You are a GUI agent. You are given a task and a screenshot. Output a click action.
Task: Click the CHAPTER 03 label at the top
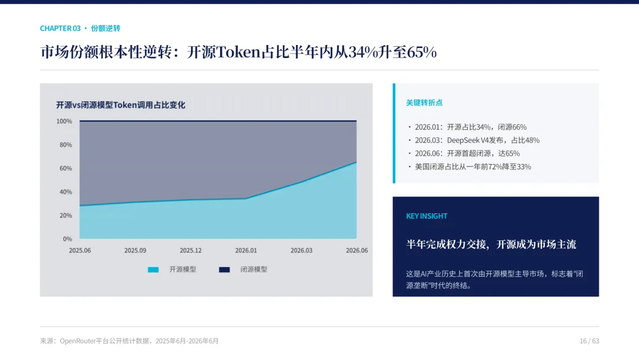(x=60, y=28)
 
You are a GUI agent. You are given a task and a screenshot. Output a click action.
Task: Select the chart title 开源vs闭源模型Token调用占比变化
(x=121, y=105)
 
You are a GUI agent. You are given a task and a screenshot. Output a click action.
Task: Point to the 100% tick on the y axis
(x=64, y=121)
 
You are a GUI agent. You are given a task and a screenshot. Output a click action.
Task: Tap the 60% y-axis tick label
(x=66, y=168)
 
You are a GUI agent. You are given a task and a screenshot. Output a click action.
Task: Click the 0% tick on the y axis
(x=67, y=239)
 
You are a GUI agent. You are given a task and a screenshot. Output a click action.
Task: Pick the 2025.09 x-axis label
(x=135, y=250)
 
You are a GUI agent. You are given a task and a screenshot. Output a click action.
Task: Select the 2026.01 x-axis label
(x=246, y=250)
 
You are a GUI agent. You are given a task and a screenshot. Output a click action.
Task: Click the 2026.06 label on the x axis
(x=357, y=250)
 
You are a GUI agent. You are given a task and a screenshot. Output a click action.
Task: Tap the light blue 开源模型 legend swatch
(x=153, y=269)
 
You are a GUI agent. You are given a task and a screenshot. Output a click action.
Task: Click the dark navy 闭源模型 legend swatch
(x=225, y=269)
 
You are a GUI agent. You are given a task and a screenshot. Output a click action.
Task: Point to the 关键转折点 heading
(x=424, y=103)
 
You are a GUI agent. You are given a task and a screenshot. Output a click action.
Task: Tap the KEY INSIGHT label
(x=427, y=216)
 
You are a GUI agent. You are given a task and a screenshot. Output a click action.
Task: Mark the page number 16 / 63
(x=589, y=341)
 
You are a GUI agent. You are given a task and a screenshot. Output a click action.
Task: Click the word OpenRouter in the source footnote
(x=78, y=341)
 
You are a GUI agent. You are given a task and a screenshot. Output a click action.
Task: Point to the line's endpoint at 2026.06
(x=356, y=162)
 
